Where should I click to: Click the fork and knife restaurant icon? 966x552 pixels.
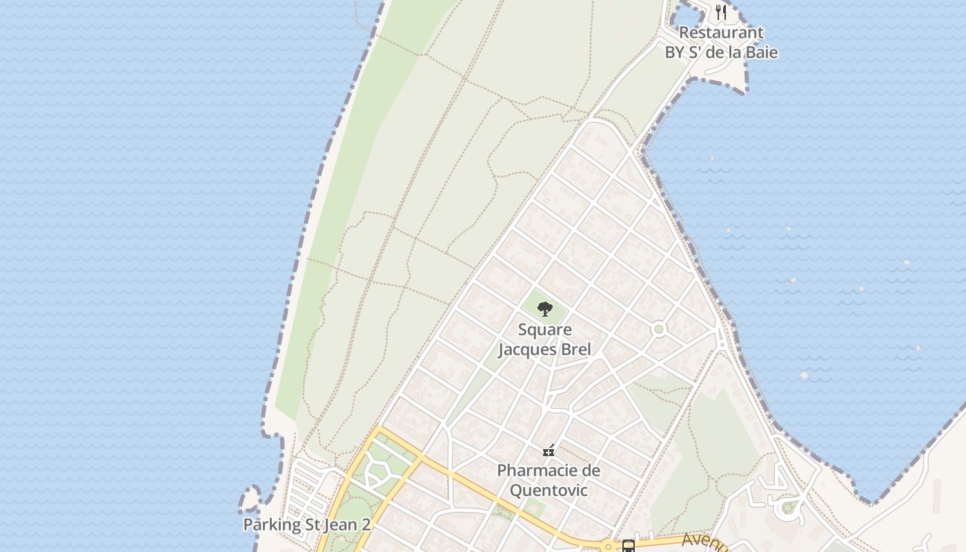721,12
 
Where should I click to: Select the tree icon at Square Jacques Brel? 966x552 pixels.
545,308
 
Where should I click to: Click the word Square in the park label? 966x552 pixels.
544,330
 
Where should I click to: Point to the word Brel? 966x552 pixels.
576,349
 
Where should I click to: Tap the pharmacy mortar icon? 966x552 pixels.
549,451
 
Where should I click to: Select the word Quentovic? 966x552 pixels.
549,491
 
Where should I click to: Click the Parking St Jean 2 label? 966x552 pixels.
306,525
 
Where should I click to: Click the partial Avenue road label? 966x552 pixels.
704,542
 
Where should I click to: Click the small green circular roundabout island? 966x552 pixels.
659,329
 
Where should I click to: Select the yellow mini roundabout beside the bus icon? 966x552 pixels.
608,546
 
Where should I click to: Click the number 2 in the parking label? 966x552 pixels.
365,525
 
